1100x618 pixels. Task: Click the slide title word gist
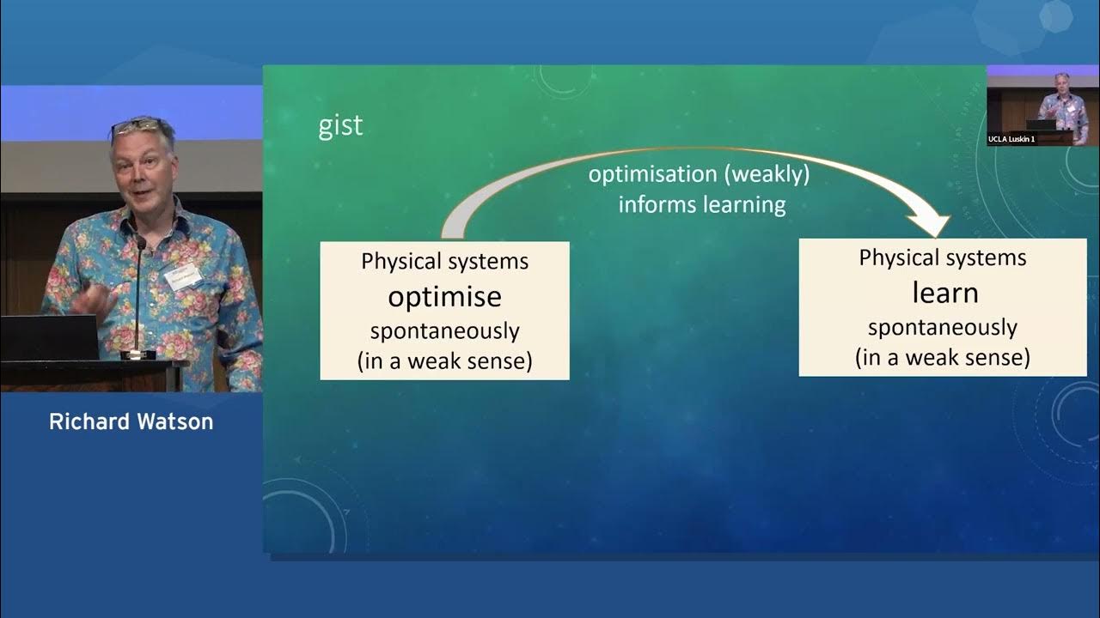[340, 126]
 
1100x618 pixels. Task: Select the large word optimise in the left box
[444, 296]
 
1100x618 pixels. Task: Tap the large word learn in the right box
[944, 293]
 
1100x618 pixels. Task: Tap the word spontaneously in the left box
[444, 330]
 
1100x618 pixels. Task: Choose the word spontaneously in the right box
[942, 327]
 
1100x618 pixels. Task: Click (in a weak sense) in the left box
[444, 360]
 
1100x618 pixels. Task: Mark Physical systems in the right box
[942, 257]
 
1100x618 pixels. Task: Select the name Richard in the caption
[88, 421]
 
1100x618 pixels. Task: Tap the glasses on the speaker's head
[135, 126]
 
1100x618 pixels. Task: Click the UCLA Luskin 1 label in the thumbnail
[1012, 139]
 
